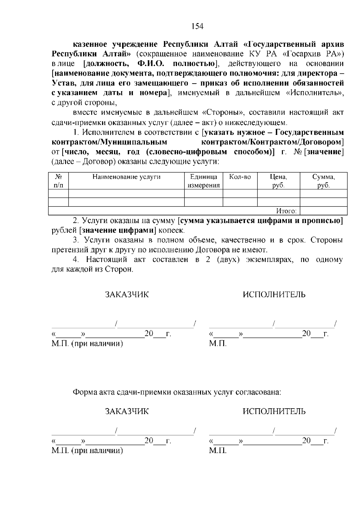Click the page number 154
coord(197,27)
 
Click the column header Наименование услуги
coord(126,177)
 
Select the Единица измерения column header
coord(204,181)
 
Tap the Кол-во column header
coord(240,177)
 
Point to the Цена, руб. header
coord(279,181)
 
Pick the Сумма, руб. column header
coord(324,181)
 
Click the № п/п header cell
coord(58,181)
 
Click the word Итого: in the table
coord(286,211)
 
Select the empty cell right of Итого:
coord(323,211)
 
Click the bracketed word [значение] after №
coord(324,152)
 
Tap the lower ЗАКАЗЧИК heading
coord(127,411)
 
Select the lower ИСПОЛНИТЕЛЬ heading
coord(274,411)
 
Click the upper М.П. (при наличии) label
coord(87,344)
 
